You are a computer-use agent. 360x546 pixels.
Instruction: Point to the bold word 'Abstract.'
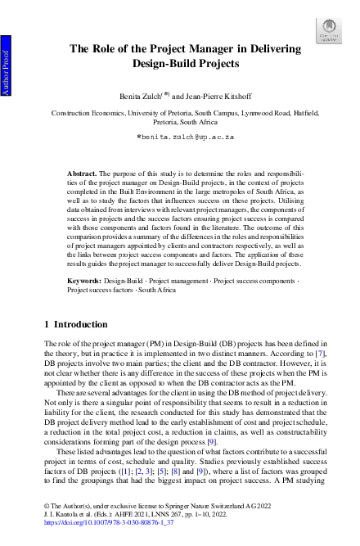click(81, 174)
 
